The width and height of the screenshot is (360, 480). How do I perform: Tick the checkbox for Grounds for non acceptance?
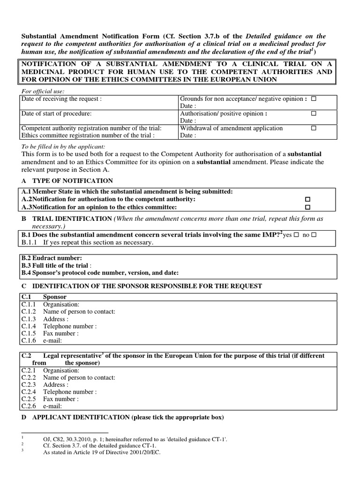click(x=314, y=99)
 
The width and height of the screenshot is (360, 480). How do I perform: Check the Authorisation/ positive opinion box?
click(x=314, y=114)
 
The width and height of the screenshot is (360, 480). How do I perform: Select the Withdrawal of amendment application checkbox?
click(x=314, y=128)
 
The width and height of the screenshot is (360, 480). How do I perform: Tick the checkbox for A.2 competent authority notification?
click(x=308, y=200)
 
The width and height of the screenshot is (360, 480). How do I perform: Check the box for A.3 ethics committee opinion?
click(x=308, y=207)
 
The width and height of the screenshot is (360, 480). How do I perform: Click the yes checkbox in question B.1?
click(x=296, y=235)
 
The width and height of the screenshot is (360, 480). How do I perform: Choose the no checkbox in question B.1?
click(x=314, y=235)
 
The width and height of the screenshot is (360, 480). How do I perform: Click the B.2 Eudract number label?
click(x=52, y=258)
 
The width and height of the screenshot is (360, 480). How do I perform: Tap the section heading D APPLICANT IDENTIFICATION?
click(x=122, y=417)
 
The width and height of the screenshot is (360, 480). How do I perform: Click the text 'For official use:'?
click(x=43, y=91)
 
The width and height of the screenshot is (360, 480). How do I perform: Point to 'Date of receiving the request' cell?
click(x=61, y=99)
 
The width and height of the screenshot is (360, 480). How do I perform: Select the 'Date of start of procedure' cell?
click(x=57, y=114)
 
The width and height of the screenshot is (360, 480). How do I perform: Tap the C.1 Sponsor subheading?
click(x=54, y=297)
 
